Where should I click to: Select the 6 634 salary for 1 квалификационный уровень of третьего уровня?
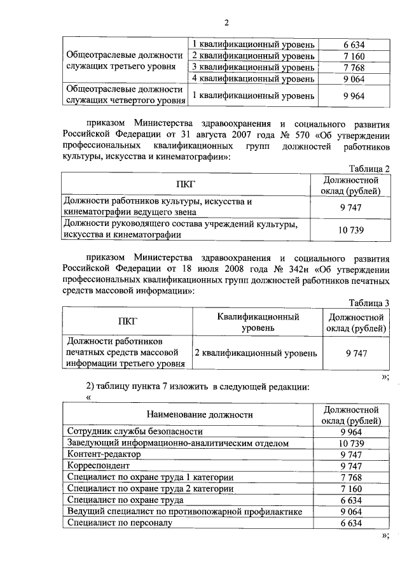(352, 44)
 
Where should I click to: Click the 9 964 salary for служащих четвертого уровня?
(352, 95)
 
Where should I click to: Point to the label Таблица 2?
(369, 168)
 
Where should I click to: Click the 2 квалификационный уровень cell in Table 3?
(254, 353)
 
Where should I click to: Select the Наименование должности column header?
(189, 414)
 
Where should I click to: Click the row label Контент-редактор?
(103, 454)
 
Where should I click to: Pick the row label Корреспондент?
(97, 466)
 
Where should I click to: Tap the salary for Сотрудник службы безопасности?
(352, 432)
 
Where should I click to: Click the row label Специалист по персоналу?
(116, 523)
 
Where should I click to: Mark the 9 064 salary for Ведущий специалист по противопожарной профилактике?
(352, 512)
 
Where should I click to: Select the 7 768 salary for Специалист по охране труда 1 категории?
(352, 477)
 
